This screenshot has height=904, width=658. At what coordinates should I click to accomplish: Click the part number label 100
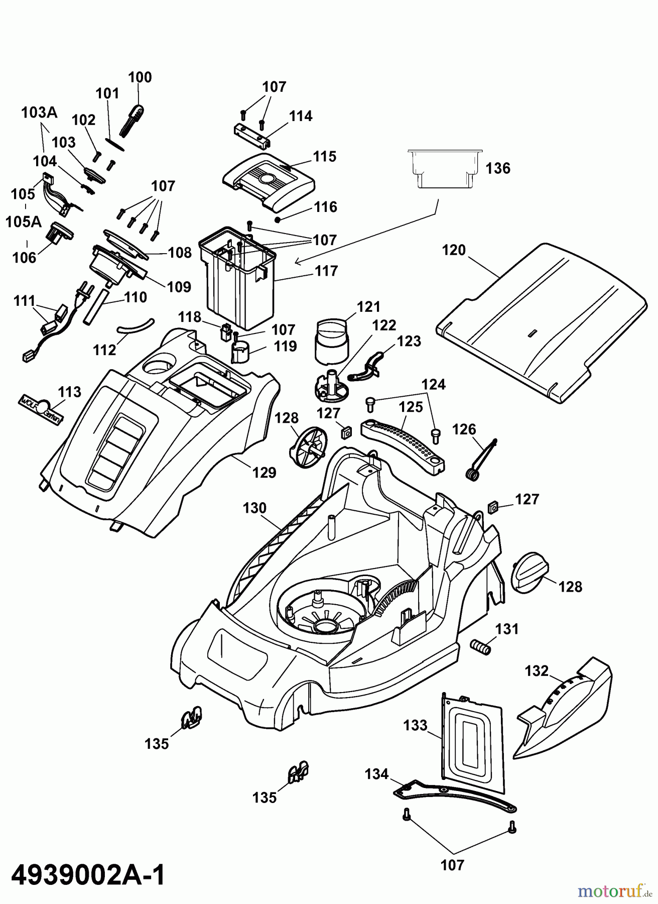click(x=140, y=77)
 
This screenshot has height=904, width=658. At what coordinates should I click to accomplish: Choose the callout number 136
click(x=498, y=168)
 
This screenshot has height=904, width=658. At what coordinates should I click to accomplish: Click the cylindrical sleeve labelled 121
click(x=332, y=342)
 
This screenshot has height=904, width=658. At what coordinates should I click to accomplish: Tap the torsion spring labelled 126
click(x=481, y=459)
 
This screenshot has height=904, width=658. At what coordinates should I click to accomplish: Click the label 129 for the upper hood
click(x=264, y=473)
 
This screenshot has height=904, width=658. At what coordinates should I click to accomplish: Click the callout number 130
click(x=254, y=508)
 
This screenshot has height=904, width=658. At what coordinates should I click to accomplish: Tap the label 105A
click(x=24, y=221)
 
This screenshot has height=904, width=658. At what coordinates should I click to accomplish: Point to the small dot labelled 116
click(x=277, y=219)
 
